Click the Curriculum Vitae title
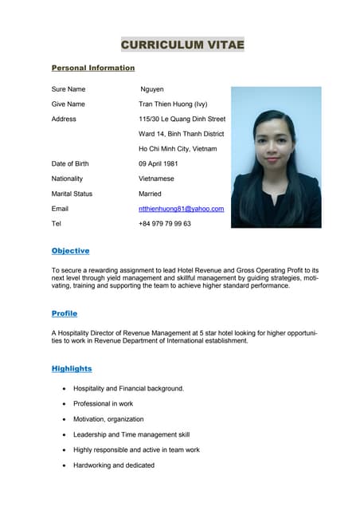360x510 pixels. (x=182, y=45)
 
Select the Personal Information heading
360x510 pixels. (x=93, y=69)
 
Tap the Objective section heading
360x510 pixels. (x=70, y=251)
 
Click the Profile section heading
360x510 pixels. (x=65, y=314)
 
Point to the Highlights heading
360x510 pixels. (x=72, y=369)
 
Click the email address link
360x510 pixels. (x=181, y=209)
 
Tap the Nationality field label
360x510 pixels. (x=67, y=178)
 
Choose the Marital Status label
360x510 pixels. (x=72, y=194)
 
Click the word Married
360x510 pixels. (x=150, y=194)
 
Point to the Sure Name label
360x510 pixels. (x=68, y=89)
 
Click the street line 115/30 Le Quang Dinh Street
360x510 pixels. (x=182, y=119)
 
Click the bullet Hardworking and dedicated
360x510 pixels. (x=114, y=465)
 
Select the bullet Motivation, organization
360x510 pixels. (x=108, y=419)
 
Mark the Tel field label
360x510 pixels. (x=56, y=224)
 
